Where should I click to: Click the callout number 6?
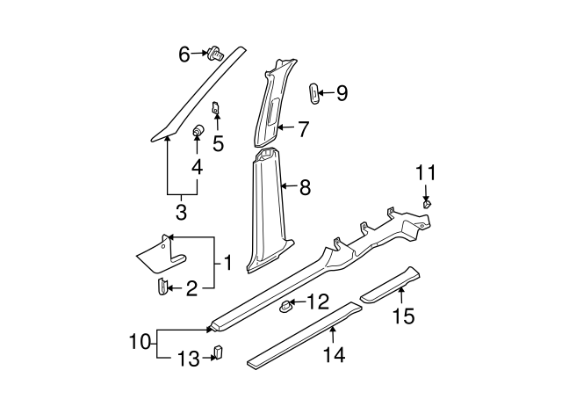[184, 54]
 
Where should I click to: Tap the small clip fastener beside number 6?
[213, 54]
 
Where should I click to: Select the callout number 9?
[342, 92]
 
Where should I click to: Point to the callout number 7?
[302, 129]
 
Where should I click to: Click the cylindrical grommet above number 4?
[198, 132]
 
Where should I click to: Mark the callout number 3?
[181, 212]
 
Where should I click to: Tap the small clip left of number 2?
[162, 287]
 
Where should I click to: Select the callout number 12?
[317, 302]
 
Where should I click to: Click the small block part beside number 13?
[218, 353]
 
